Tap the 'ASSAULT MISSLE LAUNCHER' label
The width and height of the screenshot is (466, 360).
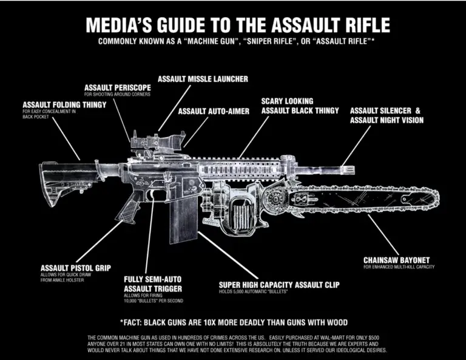[203, 79]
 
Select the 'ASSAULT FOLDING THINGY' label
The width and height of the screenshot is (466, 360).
[64, 104]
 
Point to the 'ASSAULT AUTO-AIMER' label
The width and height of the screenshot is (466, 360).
[213, 111]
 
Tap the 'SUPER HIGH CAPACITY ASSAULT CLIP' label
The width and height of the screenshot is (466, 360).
[279, 284]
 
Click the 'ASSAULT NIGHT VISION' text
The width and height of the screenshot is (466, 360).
[387, 120]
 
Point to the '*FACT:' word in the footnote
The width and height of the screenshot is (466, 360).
[135, 322]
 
